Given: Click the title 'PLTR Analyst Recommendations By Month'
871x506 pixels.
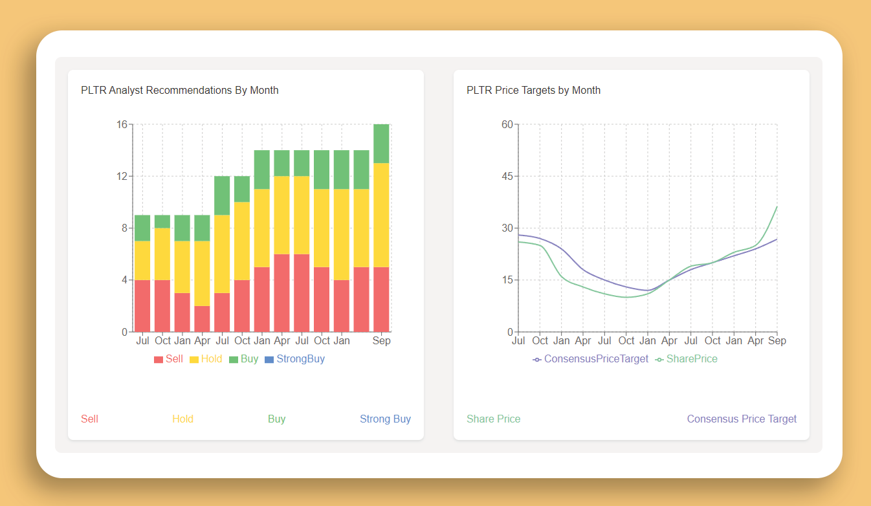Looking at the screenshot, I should pos(179,90).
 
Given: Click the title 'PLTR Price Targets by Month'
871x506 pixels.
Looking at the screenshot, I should pos(533,90).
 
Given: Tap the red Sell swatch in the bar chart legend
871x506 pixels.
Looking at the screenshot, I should pos(159,359).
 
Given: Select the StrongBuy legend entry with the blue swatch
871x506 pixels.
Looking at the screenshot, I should pos(295,358).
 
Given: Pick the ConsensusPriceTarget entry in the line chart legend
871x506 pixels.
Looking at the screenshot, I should pos(590,358).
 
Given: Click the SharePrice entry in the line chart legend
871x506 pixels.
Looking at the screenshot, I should pos(686,358).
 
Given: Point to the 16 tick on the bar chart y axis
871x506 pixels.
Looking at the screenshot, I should pos(122,124).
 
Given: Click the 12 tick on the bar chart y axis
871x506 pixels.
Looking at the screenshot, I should pos(122,176).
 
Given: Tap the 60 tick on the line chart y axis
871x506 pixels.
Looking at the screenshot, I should pos(507,124).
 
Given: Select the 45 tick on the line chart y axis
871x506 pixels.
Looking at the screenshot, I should pos(507,176).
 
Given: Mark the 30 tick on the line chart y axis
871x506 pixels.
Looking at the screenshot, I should pos(507,228).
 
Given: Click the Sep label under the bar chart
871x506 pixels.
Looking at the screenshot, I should pos(381,340).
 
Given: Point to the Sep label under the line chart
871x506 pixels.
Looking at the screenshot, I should pos(777,340).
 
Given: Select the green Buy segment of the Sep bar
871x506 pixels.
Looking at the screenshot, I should pos(381,144).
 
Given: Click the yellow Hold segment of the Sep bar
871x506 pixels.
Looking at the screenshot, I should pos(381,215).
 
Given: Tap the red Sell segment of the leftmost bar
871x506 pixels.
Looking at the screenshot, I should pos(142,305).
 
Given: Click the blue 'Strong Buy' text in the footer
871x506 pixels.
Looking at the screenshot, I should pos(385,419).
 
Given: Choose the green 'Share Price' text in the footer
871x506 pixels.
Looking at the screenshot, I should pos(493,419).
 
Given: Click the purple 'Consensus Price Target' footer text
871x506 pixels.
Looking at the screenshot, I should pos(742,419).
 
